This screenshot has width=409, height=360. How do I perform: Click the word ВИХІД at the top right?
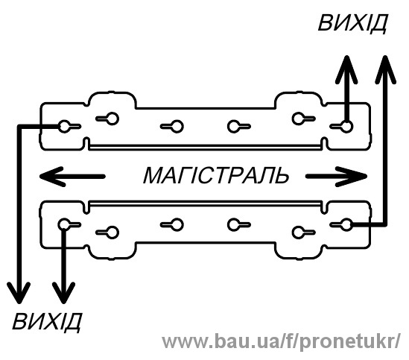(x=352, y=23)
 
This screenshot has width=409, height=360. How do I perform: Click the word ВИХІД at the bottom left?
(x=47, y=321)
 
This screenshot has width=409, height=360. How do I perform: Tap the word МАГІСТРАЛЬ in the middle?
(x=216, y=176)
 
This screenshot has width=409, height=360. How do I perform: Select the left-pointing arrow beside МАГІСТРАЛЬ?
(x=72, y=177)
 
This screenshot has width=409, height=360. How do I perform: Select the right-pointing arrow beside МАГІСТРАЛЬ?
(x=336, y=177)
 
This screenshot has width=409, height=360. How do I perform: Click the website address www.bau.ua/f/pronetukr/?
(x=281, y=342)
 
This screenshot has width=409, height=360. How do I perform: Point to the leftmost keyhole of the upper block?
(x=69, y=127)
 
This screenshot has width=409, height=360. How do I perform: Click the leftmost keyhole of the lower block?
(x=69, y=224)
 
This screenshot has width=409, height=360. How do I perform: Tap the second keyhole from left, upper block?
(x=107, y=119)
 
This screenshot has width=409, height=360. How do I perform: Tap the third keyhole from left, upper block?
(x=171, y=127)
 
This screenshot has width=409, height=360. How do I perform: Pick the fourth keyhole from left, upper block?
(x=239, y=127)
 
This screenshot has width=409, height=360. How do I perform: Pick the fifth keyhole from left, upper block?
(x=303, y=119)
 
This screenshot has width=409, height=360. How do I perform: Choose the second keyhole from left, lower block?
(x=107, y=232)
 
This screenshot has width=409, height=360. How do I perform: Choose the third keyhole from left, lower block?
(x=171, y=224)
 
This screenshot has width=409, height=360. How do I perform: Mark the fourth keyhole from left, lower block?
(x=239, y=224)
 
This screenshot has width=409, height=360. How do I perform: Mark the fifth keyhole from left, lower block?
(x=303, y=232)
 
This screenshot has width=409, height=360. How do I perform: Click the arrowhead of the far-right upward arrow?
(x=385, y=68)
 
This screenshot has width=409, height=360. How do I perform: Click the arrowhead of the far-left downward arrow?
(x=19, y=292)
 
